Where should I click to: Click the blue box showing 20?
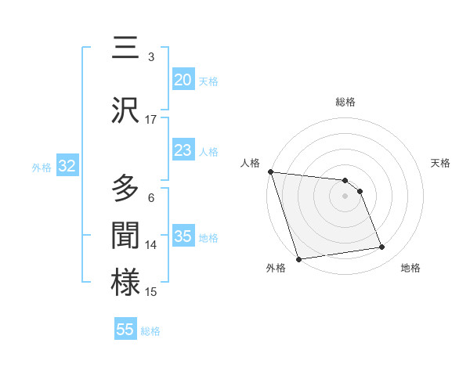pyautogui.click(x=183, y=80)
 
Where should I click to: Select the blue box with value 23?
pyautogui.click(x=183, y=150)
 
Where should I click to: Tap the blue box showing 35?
pyautogui.click(x=183, y=236)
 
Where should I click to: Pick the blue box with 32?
pyautogui.click(x=67, y=166)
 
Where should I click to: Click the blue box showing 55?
pyautogui.click(x=125, y=330)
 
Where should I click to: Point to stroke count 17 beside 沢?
pyautogui.click(x=151, y=120)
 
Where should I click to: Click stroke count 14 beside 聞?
pyautogui.click(x=151, y=245)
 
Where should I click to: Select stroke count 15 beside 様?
pyautogui.click(x=151, y=292)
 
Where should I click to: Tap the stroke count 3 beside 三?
pyautogui.click(x=151, y=57)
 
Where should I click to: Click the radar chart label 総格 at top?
pyautogui.click(x=345, y=102)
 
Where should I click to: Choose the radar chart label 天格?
pyautogui.click(x=441, y=163)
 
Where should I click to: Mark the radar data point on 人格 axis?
pyautogui.click(x=270, y=171)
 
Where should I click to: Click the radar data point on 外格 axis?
pyautogui.click(x=298, y=258)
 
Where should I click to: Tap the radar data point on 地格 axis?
pyautogui.click(x=382, y=247)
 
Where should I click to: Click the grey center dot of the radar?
pyautogui.click(x=345, y=196)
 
